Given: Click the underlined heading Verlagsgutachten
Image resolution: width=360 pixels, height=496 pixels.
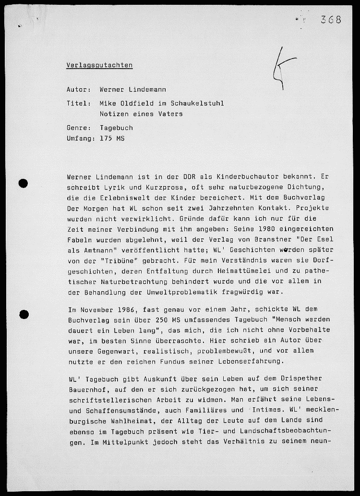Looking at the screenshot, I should (99, 65).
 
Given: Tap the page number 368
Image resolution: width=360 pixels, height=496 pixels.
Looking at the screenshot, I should (331, 20).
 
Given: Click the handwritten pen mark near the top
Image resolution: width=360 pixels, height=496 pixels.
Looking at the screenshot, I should (278, 70).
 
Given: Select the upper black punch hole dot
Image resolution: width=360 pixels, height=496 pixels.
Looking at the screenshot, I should (23, 183).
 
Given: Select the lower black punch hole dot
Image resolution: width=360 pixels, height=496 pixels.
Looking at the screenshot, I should (23, 315).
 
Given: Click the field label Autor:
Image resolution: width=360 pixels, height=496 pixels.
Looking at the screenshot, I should (79, 90).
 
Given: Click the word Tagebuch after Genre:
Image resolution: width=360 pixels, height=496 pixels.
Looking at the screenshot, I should (116, 128).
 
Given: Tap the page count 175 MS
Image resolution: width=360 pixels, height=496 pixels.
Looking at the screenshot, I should (112, 139).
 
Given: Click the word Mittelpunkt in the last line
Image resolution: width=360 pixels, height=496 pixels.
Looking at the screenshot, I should (115, 442).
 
